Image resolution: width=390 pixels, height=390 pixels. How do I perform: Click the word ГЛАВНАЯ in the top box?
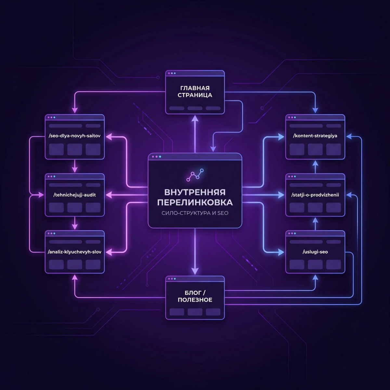pyautogui.click(x=195, y=88)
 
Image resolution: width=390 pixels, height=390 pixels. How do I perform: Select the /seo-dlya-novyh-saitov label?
pyautogui.click(x=74, y=136)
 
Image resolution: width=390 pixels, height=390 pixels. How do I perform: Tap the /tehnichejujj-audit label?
pyautogui.click(x=74, y=195)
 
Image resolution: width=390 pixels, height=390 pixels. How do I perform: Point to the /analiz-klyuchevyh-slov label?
pyautogui.click(x=74, y=252)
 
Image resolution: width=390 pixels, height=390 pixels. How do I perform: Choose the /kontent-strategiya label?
pyautogui.click(x=315, y=136)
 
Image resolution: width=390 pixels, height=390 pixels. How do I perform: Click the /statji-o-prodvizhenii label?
pyautogui.click(x=315, y=195)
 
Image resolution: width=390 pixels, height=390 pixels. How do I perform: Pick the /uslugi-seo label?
pyautogui.click(x=315, y=252)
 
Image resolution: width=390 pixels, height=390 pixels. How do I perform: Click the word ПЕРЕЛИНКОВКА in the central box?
pyautogui.click(x=195, y=202)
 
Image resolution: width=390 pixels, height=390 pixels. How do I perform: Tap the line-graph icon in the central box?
pyautogui.click(x=195, y=175)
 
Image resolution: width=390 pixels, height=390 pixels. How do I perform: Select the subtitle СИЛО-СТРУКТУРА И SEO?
pyautogui.click(x=195, y=213)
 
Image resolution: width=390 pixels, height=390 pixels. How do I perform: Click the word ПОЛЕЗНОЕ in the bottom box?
pyautogui.click(x=195, y=300)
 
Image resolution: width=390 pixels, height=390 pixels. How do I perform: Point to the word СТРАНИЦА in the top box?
pyautogui.click(x=195, y=95)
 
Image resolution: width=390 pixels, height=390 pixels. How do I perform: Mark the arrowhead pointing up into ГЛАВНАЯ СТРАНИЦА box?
pyautogui.click(x=195, y=118)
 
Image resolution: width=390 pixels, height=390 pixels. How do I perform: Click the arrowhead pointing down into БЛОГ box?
pyautogui.click(x=195, y=271)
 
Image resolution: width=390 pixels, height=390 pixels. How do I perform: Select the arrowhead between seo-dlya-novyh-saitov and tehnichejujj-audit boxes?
pyautogui.click(x=74, y=169)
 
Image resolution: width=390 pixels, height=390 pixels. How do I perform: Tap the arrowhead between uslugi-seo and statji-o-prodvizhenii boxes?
pyautogui.click(x=315, y=220)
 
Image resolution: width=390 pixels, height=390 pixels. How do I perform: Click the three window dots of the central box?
pyautogui.click(x=156, y=157)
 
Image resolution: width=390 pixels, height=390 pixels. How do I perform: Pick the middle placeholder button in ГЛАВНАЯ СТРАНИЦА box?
pyautogui.click(x=195, y=108)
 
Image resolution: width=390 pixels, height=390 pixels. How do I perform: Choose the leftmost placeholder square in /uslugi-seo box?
pyautogui.click(x=297, y=264)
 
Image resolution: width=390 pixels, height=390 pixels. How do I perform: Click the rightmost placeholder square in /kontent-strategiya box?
pyautogui.click(x=333, y=149)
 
